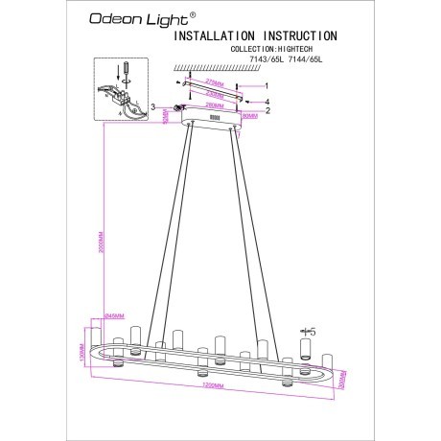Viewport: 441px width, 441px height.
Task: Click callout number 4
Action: click(267, 101)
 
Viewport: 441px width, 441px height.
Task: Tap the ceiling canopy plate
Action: click(215, 117)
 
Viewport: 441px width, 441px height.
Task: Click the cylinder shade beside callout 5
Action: click(307, 346)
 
